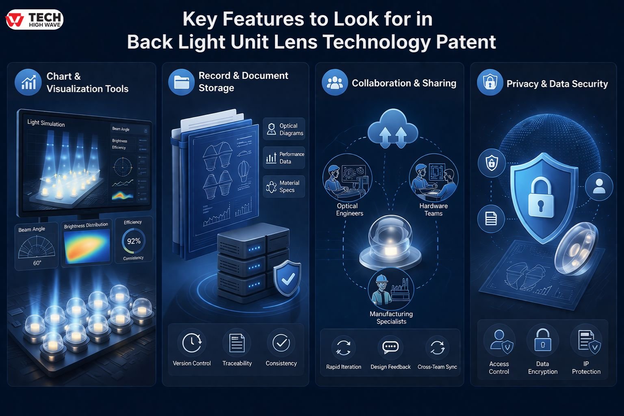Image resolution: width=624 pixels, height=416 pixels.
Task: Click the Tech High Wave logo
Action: coord(35,19)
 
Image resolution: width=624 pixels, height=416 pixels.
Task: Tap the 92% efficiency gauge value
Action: coord(134,241)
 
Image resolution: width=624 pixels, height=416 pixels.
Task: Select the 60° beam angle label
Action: coord(37,263)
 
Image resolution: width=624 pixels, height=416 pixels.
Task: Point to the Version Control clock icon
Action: coord(192,343)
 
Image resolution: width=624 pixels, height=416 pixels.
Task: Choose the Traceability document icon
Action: coord(237,343)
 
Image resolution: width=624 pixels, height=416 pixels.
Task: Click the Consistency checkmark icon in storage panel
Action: coord(281,343)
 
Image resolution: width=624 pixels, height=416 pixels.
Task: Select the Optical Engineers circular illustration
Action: coord(347,178)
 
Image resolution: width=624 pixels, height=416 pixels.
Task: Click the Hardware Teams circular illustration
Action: coord(433,178)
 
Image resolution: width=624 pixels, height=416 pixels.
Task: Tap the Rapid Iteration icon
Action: coord(343,348)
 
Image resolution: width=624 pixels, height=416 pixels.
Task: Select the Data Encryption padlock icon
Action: coord(543,340)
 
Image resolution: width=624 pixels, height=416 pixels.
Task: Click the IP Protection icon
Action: coord(586,340)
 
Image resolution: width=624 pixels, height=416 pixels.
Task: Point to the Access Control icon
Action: coord(499,340)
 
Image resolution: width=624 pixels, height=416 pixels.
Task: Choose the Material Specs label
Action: coord(289,186)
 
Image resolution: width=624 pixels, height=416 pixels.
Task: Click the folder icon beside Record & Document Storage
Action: coord(181,82)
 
